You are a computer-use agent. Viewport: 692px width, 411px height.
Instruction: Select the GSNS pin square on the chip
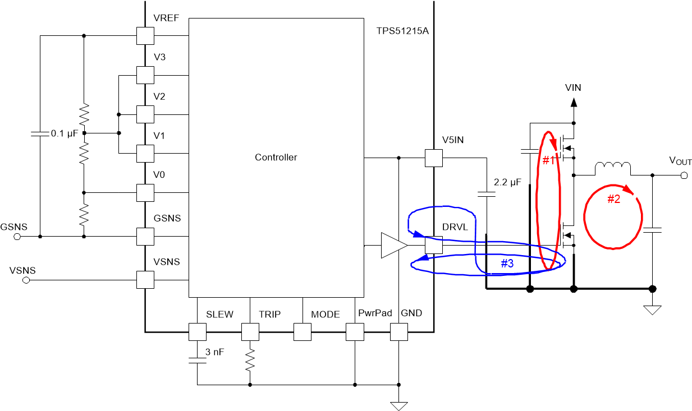(145, 236)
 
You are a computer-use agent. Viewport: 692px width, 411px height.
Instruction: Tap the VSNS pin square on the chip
(145, 279)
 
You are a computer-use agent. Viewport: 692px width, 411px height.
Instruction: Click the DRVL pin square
(434, 245)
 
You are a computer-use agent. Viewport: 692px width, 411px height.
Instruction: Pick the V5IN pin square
(434, 158)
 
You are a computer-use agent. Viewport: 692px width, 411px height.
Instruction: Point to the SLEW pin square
(198, 332)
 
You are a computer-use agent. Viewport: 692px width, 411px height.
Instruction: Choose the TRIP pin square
(250, 332)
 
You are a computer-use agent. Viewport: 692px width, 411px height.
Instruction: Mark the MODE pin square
(303, 332)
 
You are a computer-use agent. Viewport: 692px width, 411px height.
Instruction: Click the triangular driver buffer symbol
(393, 245)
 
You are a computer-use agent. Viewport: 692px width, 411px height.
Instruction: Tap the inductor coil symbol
(613, 168)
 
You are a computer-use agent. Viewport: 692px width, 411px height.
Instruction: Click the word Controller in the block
(276, 158)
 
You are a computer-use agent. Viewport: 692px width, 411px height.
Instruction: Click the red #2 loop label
(615, 199)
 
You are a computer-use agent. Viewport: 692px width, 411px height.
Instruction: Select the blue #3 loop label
(507, 264)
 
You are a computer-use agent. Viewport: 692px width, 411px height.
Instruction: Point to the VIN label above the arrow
(573, 88)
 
